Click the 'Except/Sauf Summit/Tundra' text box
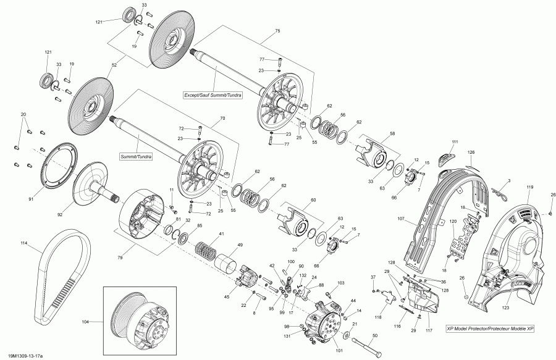point(213,95)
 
